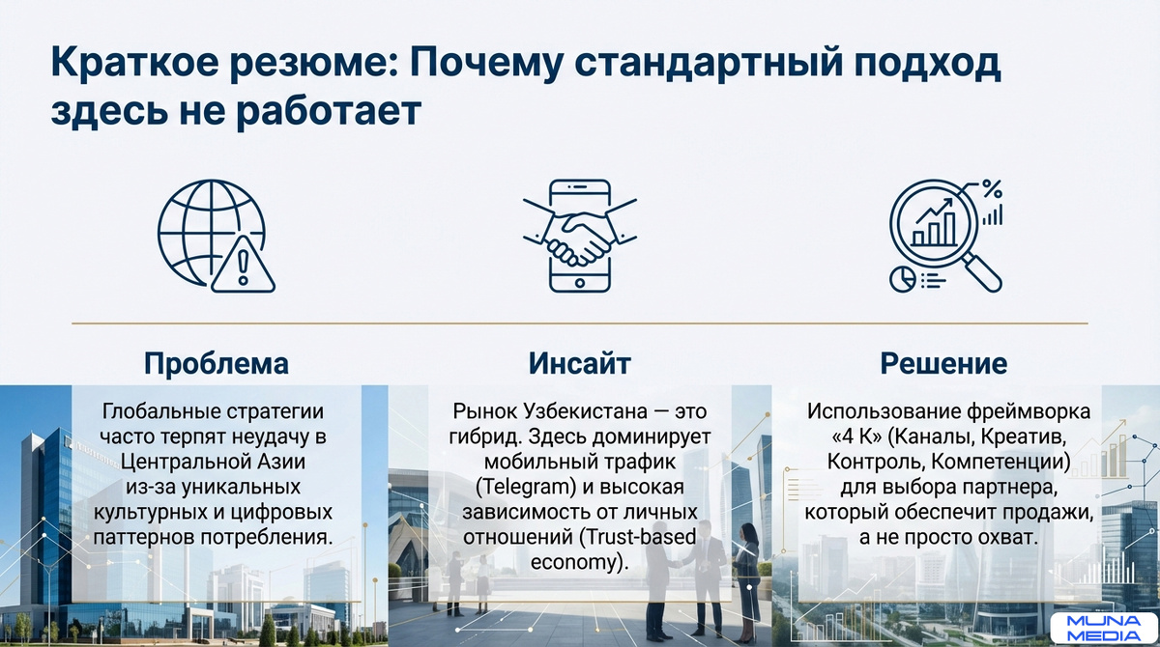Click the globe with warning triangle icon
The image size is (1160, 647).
point(216,236)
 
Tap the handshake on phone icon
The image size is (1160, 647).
point(579,236)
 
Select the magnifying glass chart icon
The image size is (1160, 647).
point(944,236)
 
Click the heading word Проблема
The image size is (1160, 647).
point(217,364)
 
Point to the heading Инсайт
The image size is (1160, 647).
point(579,364)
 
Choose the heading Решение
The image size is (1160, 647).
point(943,364)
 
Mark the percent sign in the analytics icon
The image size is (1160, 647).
point(991,188)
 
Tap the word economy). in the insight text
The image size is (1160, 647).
point(579,560)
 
